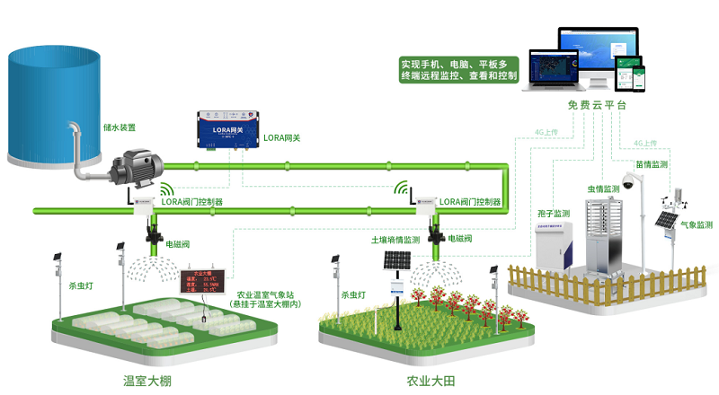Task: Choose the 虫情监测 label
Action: tap(604, 189)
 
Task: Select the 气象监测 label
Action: tap(696, 225)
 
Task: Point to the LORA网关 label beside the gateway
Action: tap(281, 139)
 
